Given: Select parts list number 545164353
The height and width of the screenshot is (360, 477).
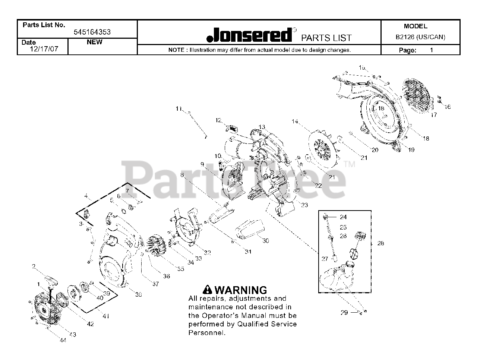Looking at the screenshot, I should [x=92, y=32].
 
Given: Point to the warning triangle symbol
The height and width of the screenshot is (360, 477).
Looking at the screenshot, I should [x=208, y=290].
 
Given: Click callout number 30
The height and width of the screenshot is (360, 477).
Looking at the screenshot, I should [x=265, y=241].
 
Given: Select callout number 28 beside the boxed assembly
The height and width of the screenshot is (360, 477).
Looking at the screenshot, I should [x=380, y=243].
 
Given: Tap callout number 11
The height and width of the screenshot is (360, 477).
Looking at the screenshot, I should [x=179, y=109].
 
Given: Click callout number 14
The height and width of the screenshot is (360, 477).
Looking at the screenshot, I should [x=295, y=121].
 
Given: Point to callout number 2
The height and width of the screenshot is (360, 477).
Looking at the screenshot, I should [x=34, y=266].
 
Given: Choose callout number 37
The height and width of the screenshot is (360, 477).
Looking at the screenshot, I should [x=155, y=284].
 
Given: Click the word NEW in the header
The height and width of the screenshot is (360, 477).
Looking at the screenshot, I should [x=94, y=42].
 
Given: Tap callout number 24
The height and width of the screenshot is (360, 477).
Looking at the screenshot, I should [x=343, y=217].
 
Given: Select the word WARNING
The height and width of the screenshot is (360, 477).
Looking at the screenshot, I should [x=241, y=290].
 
